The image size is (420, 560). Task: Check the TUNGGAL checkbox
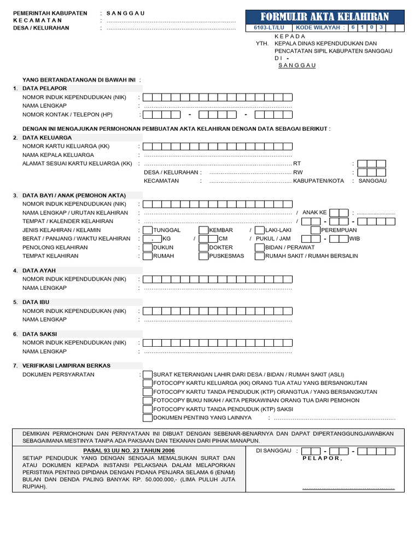click(148, 230)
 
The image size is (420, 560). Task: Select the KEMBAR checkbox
click(203, 230)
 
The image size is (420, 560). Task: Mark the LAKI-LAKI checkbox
click(260, 230)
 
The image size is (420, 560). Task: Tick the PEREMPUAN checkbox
click(316, 230)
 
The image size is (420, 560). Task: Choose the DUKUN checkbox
click(148, 248)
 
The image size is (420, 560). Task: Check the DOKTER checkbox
click(203, 248)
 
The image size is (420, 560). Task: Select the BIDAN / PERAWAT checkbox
click(260, 248)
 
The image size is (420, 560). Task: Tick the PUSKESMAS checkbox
click(203, 256)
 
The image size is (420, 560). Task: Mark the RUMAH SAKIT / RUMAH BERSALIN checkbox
click(260, 256)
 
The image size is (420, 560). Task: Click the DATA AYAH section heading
click(39, 271)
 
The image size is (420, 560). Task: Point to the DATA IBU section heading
click(37, 302)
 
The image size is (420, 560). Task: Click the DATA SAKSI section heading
click(39, 334)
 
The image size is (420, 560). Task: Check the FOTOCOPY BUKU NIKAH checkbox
click(148, 400)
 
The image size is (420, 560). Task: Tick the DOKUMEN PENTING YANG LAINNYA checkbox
click(148, 418)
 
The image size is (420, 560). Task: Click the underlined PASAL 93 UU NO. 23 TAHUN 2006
click(129, 451)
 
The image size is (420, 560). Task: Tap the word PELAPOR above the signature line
click(322, 458)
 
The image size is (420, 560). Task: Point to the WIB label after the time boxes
click(354, 239)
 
